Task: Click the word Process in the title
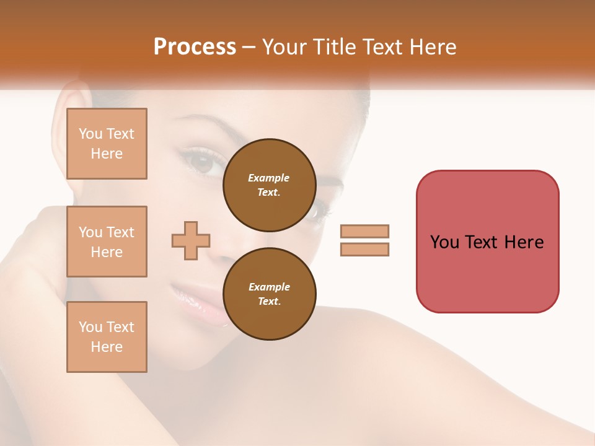point(195,47)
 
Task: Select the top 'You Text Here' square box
point(107,144)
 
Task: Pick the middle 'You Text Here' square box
point(107,242)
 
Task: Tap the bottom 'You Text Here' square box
point(107,336)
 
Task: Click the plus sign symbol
point(191,240)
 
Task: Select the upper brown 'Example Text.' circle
point(269,185)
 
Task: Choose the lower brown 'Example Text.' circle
point(269,294)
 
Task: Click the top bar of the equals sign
point(364,231)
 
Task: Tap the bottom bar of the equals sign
point(364,249)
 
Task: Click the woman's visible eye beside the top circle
point(202,162)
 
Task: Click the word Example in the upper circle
point(269,178)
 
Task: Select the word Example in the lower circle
point(269,287)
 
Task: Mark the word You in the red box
point(444,242)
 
